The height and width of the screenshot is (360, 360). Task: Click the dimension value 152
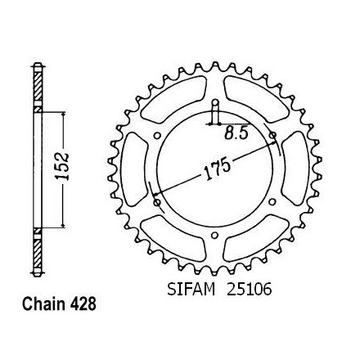coord(63,166)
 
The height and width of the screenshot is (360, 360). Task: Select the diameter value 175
coord(218,169)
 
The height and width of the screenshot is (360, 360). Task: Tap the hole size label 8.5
coord(236,133)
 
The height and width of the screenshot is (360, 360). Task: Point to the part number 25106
coord(250,289)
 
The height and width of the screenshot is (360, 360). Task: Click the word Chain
coord(43,304)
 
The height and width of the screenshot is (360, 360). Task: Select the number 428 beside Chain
coord(83,304)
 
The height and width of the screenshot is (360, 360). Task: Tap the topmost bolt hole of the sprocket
coord(215,103)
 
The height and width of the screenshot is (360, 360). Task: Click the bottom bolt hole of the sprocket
coord(215,236)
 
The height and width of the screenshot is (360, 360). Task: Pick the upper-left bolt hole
coord(157,136)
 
